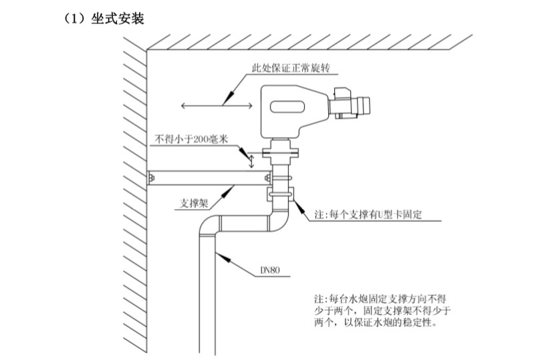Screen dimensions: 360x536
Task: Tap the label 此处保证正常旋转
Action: tap(291, 69)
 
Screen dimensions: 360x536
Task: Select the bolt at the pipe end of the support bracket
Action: tap(268, 178)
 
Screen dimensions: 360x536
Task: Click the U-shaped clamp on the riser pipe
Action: tap(281, 195)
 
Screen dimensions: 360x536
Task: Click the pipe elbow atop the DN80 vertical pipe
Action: tap(210, 227)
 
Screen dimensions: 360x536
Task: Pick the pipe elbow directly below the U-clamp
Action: tap(279, 220)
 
